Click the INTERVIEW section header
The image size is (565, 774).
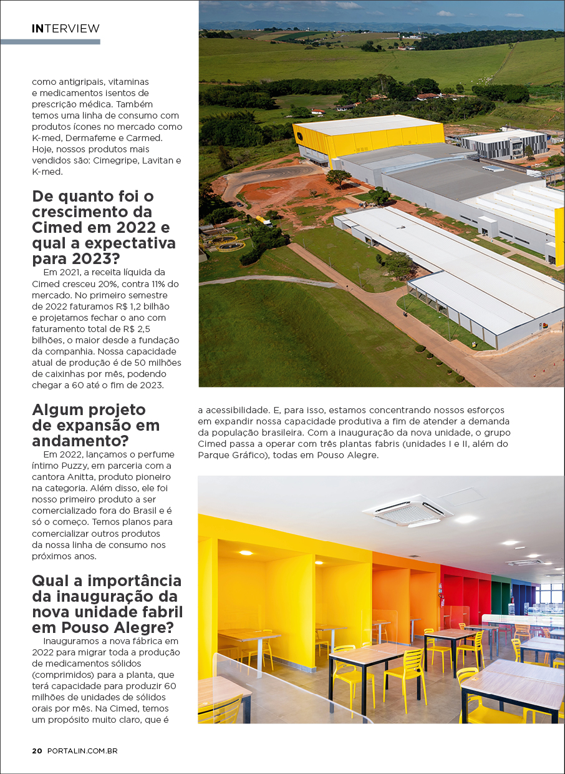pyautogui.click(x=65, y=29)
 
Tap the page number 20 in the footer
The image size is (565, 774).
pyautogui.click(x=37, y=751)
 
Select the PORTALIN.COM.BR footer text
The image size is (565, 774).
pyautogui.click(x=82, y=751)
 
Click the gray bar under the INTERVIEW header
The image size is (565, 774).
pyautogui.click(x=50, y=42)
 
